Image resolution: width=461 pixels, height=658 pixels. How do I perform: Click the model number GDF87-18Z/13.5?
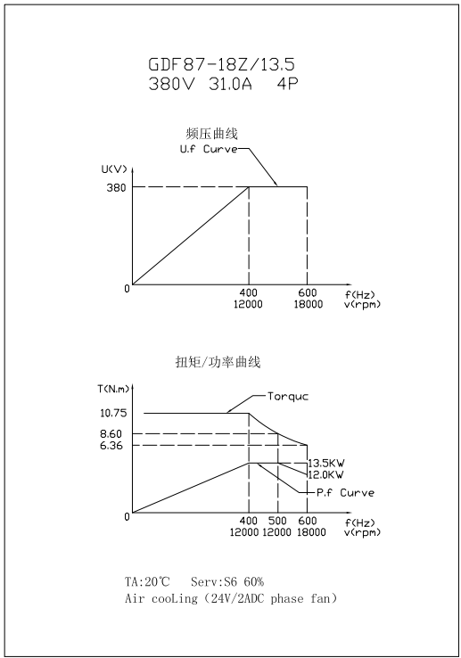click(x=222, y=64)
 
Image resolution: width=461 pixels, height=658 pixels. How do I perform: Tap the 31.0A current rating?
click(x=230, y=84)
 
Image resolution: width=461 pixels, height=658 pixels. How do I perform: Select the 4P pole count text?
click(x=287, y=84)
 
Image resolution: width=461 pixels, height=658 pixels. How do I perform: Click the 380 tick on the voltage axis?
click(x=116, y=187)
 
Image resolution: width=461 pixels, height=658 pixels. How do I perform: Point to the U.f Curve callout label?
click(x=209, y=149)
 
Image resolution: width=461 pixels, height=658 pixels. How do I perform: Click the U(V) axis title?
click(x=114, y=169)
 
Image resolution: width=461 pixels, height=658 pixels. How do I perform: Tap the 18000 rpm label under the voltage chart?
click(x=309, y=304)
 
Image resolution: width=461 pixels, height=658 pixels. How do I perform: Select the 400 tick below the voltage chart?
click(x=249, y=292)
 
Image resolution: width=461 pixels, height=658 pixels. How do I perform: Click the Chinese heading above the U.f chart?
click(x=211, y=134)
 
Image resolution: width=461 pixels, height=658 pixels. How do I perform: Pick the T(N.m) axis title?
click(x=113, y=389)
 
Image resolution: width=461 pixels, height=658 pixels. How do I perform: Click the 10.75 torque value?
click(x=113, y=413)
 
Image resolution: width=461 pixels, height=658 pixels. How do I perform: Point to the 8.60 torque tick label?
click(x=111, y=434)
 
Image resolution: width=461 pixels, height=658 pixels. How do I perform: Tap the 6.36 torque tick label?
click(x=111, y=445)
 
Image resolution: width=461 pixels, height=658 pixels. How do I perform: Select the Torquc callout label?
click(x=288, y=396)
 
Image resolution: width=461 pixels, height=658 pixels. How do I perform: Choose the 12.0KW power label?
click(x=325, y=474)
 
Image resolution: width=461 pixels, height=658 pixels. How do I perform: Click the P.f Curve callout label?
click(x=345, y=492)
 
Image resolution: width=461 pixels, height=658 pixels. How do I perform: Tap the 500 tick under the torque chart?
click(x=277, y=521)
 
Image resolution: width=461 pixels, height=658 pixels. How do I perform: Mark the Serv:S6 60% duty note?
click(x=227, y=581)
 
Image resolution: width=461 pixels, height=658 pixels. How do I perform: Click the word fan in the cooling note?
click(x=319, y=598)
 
